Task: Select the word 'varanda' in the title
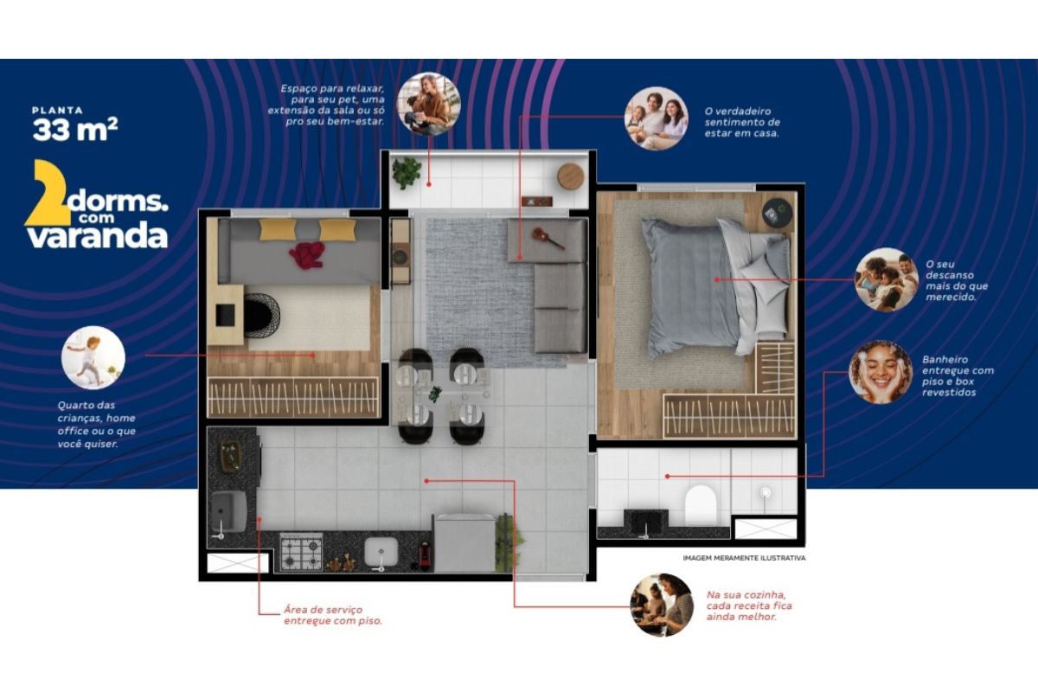[97, 236]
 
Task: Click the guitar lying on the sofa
[548, 237]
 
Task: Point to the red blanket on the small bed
[307, 255]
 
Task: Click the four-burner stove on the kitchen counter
[301, 551]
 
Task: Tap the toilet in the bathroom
[700, 505]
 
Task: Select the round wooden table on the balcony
[570, 176]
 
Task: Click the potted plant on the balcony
[407, 172]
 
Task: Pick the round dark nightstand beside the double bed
[777, 213]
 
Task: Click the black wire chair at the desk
[261, 315]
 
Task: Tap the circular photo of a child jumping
[93, 357]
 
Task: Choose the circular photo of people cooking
[662, 605]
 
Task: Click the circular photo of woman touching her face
[881, 372]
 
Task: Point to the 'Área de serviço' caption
[333, 615]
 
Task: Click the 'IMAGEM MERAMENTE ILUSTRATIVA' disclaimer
[744, 558]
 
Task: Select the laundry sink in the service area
[228, 512]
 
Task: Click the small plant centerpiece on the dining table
[434, 394]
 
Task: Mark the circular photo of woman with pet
[429, 104]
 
